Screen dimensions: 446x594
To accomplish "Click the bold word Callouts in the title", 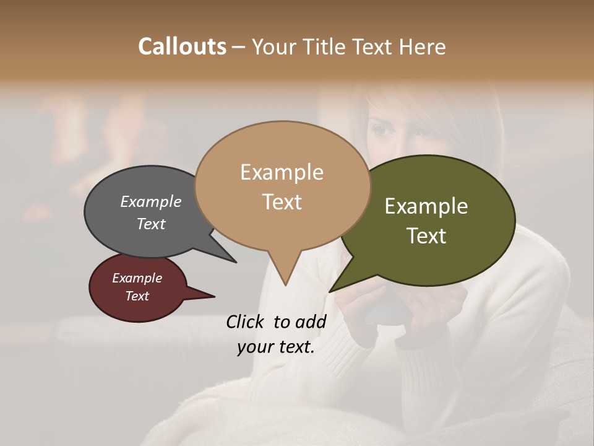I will pyautogui.click(x=182, y=46).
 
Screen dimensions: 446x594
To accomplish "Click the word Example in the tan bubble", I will pyautogui.click(x=282, y=172).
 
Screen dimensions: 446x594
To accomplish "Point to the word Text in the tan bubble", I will pyautogui.click(x=282, y=202).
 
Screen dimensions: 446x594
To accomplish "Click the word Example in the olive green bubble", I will pyautogui.click(x=426, y=206).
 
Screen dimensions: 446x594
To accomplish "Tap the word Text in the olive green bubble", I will pyautogui.click(x=426, y=236).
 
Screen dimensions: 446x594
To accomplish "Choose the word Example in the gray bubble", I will pyautogui.click(x=151, y=201).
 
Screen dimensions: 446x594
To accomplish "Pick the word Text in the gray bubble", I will pyautogui.click(x=151, y=224).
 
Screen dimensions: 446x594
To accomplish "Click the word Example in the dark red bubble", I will pyautogui.click(x=137, y=278).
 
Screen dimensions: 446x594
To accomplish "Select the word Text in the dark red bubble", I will pyautogui.click(x=137, y=296).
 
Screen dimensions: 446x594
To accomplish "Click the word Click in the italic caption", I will pyautogui.click(x=246, y=321).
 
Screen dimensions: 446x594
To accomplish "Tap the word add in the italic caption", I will pyautogui.click(x=311, y=321).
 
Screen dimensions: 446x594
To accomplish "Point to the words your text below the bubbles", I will pyautogui.click(x=276, y=347).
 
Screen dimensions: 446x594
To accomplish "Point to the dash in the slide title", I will pyautogui.click(x=239, y=47).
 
